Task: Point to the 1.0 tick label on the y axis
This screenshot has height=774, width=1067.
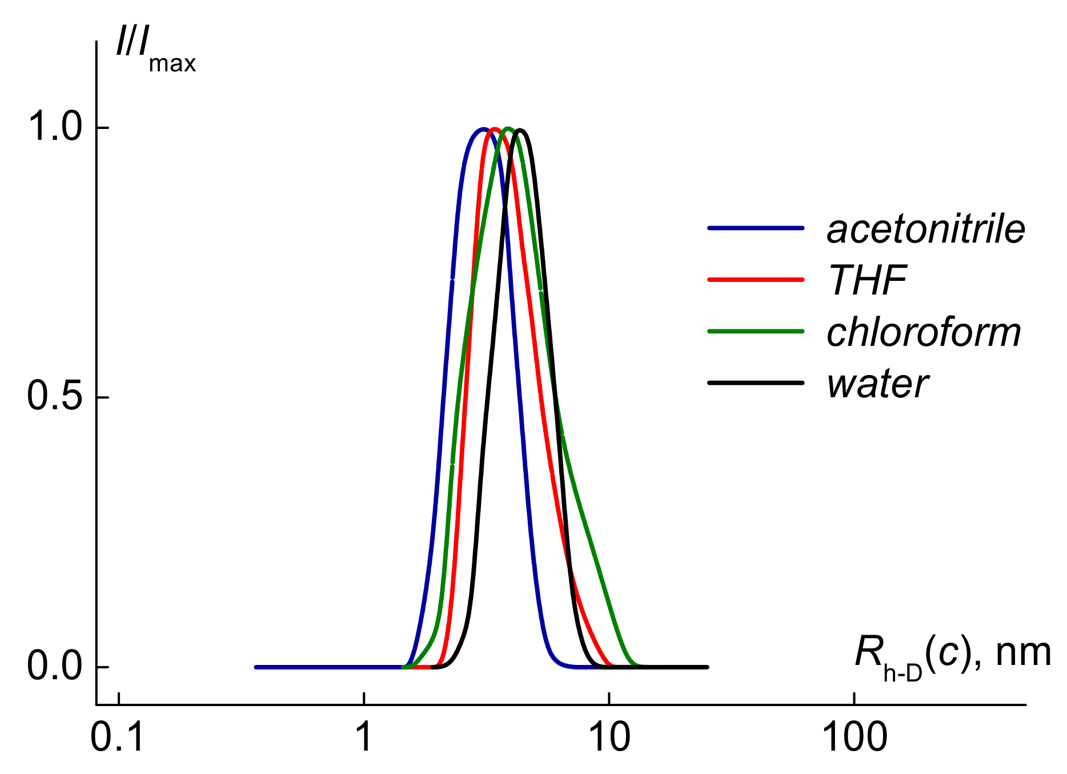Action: [55, 127]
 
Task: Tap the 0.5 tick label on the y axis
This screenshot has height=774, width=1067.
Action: [55, 397]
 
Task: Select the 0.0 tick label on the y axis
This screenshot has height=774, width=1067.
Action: [55, 666]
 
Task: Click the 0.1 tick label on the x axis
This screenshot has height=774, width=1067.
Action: [118, 737]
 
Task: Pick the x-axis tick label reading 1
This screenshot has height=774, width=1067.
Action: [364, 737]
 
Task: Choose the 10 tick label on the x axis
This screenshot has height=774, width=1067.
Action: [609, 737]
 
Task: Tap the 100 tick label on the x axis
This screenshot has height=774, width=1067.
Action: [854, 737]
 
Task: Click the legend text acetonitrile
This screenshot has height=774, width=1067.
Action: [925, 229]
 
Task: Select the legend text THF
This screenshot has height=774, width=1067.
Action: [867, 281]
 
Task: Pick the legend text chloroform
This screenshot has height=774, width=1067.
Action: [923, 332]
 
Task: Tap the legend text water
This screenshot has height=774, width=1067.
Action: [877, 384]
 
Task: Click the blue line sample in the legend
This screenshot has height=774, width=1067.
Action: [756, 228]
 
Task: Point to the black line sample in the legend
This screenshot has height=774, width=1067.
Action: [756, 382]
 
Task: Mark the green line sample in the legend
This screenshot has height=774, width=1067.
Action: [756, 331]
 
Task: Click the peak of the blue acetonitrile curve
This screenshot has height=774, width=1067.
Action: [483, 129]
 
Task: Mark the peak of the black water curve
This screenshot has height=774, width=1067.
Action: [520, 130]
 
